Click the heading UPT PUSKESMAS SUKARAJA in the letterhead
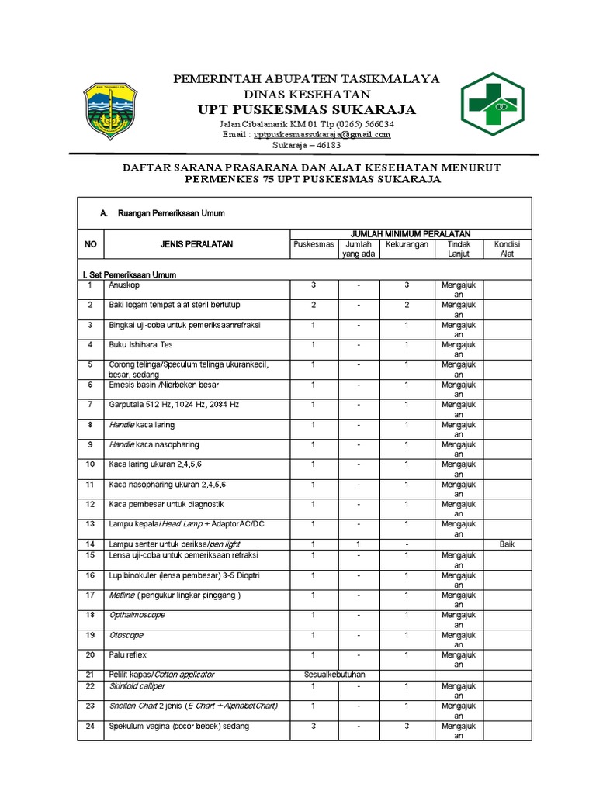pos(307,109)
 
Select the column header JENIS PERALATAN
pos(196,244)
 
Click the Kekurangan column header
pos(407,244)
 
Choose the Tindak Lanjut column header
pos(459,249)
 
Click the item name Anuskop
pos(123,285)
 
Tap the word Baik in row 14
pos(507,544)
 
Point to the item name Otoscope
pos(126,634)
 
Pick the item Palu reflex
pos(128,654)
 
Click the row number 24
pos(90,726)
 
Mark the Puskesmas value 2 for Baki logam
pos(314,306)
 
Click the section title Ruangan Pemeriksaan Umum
pos(171,213)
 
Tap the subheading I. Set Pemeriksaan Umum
pos(129,274)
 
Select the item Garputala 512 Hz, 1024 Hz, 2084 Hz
pos(174,405)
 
